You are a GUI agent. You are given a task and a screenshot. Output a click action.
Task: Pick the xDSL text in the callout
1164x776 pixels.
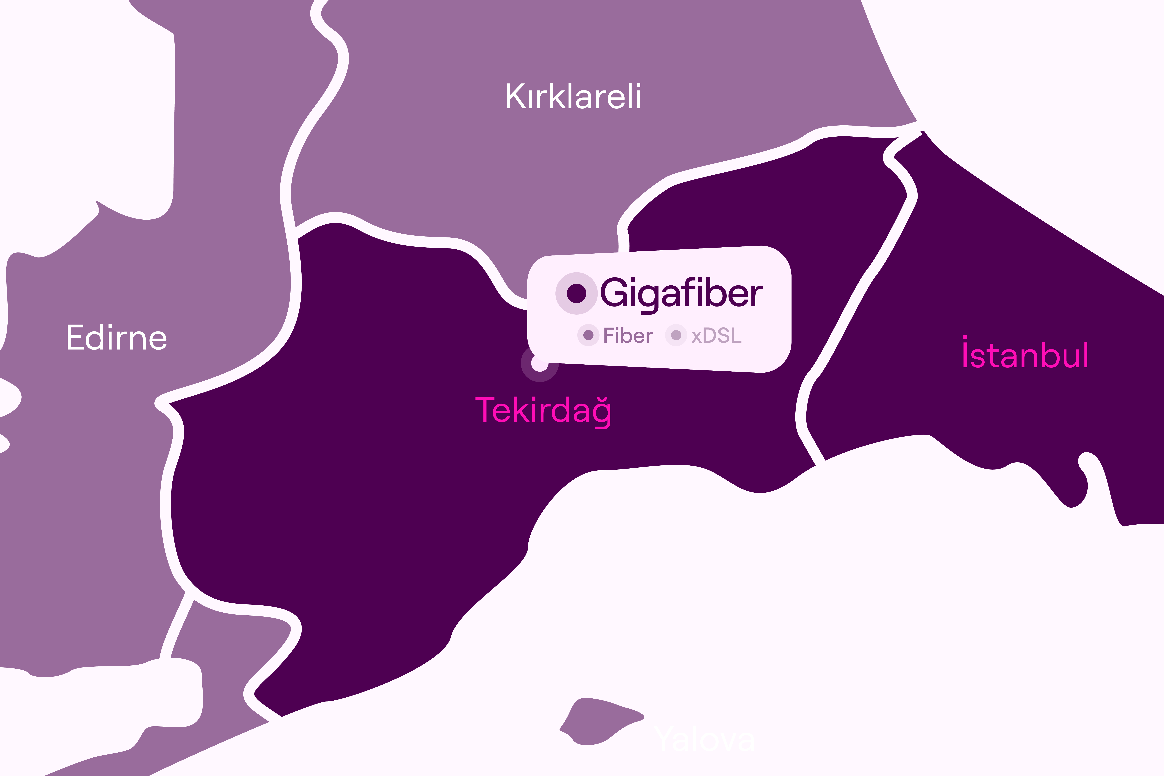click(716, 336)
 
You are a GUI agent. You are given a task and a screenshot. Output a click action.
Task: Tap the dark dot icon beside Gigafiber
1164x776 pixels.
click(576, 293)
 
